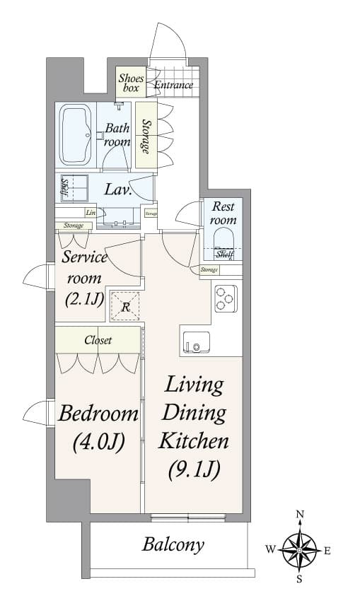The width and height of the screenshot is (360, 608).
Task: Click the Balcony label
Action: coord(173,544)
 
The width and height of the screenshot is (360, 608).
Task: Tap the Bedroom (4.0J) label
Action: coord(98,426)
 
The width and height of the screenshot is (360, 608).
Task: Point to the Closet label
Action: coord(98,340)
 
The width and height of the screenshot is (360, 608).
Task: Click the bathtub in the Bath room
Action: coord(74,134)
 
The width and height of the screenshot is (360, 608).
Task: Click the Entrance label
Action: coord(173,86)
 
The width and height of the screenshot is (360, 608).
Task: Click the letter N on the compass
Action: coord(300,514)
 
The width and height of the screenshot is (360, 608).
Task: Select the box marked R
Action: coord(125,306)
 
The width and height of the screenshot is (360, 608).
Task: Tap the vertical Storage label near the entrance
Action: coord(145,136)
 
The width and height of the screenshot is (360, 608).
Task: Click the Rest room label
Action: coord(223,214)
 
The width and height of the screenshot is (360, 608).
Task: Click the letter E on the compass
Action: coord(327,551)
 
